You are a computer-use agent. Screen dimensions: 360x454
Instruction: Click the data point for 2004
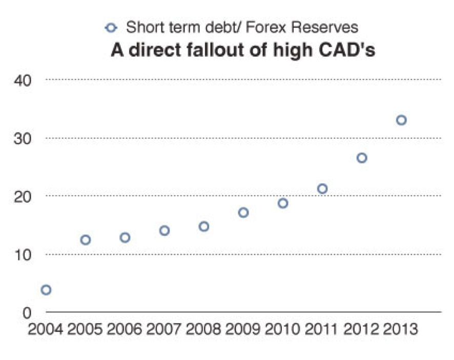(46, 290)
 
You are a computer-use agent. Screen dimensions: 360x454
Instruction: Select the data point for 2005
(86, 240)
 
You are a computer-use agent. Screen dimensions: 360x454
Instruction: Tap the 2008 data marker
(204, 226)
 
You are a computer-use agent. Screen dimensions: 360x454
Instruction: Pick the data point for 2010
(283, 203)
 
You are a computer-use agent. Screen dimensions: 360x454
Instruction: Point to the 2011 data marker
(322, 189)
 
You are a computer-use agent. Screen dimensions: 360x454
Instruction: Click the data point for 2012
(362, 158)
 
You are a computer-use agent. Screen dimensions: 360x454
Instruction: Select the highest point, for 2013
(401, 120)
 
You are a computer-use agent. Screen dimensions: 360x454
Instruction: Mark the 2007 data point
(164, 230)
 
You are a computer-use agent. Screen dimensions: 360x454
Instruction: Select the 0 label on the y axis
(28, 312)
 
